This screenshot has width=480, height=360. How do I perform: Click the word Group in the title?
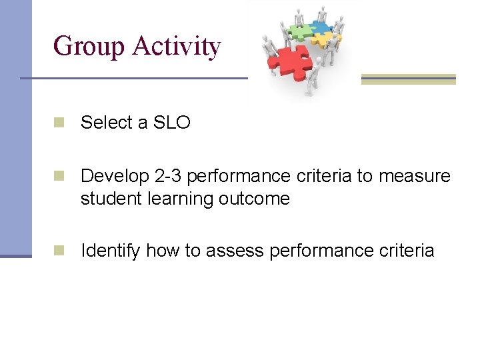[x=89, y=47]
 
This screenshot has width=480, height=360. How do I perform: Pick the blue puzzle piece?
[x=320, y=29]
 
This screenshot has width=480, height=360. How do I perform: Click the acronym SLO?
[x=172, y=123]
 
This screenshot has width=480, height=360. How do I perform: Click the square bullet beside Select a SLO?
[x=59, y=122]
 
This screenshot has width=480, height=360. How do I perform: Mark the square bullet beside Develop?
[x=59, y=175]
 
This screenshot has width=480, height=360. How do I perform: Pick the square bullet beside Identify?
[x=59, y=250]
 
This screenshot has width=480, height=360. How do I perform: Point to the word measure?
[x=414, y=176]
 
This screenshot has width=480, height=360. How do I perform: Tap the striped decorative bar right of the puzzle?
[x=408, y=79]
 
